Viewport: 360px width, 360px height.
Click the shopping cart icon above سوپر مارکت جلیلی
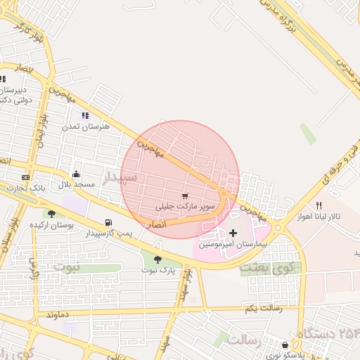(x=185, y=197)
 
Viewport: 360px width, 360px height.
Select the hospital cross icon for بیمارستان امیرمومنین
(x=233, y=233)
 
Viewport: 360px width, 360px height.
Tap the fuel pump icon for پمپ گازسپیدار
(x=108, y=222)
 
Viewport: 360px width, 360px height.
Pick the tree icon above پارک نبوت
(x=157, y=259)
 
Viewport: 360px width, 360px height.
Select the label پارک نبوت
(x=157, y=270)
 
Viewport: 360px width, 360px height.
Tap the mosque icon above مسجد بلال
(x=76, y=174)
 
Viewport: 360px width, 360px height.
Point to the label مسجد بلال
(x=75, y=184)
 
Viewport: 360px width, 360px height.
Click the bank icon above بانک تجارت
(x=26, y=178)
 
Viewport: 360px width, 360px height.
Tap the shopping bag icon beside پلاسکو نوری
(x=285, y=345)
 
